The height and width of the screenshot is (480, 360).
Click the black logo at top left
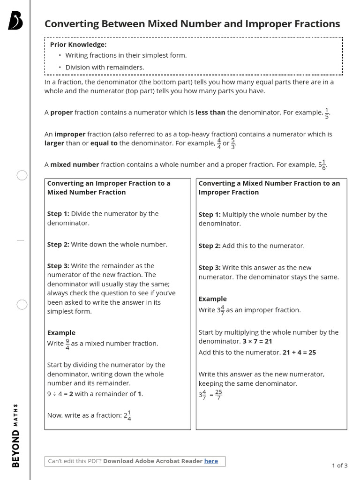point(15,21)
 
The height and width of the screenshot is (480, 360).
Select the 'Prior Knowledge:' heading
point(78,45)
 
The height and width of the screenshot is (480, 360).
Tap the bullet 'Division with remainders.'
point(105,67)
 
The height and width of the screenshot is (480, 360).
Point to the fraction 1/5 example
point(327,113)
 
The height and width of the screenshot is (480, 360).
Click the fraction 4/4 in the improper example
point(218,143)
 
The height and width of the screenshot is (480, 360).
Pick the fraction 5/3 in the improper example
point(233,143)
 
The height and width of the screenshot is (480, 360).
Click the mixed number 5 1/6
point(322,165)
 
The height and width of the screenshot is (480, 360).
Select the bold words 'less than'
point(210,112)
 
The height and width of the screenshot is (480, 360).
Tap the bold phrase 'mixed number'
point(75,165)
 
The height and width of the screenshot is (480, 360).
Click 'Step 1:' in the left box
point(58,214)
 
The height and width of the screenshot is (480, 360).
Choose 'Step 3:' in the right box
point(209,268)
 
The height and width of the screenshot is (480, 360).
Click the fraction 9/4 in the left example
point(67,344)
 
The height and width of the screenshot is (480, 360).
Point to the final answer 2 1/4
point(127,415)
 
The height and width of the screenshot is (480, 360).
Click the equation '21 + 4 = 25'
point(299,352)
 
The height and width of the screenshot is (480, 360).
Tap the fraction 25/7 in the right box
point(218,395)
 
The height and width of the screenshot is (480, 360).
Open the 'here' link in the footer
point(211,461)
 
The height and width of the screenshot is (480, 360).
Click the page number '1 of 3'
point(339,465)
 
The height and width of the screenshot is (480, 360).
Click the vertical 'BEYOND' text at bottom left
point(16,449)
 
